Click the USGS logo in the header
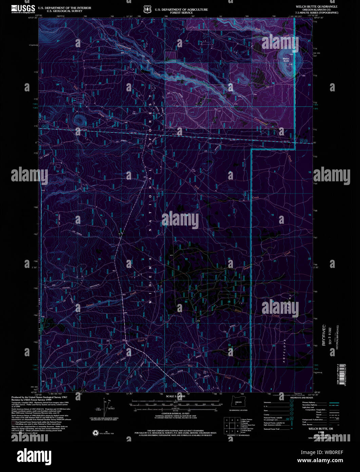click(x=23, y=9)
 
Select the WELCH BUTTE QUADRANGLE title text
click(x=312, y=6)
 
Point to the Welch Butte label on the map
click(x=286, y=59)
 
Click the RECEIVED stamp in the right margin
click(x=324, y=334)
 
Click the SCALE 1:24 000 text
click(x=175, y=396)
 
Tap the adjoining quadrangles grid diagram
click(x=231, y=425)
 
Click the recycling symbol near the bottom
click(x=95, y=433)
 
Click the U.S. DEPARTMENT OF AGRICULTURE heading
click(x=181, y=10)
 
